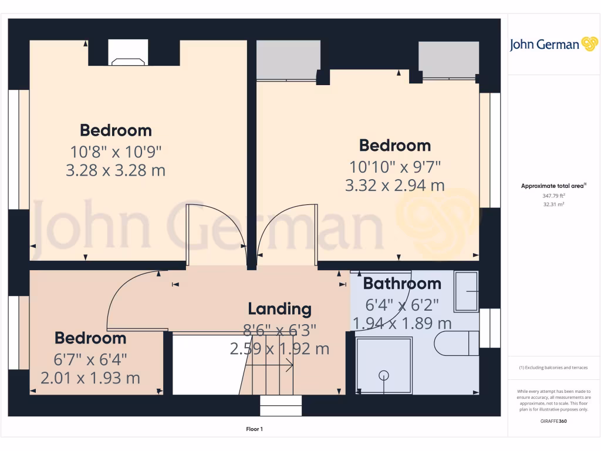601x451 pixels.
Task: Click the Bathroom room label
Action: point(402,284)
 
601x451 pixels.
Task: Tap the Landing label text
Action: point(279,309)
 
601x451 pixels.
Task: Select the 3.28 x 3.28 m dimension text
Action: point(116,170)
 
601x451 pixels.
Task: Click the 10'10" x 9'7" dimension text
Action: point(394,167)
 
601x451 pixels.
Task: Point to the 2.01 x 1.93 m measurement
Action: point(90,378)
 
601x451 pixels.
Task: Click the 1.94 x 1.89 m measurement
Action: point(402,323)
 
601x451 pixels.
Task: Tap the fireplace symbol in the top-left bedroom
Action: point(128,60)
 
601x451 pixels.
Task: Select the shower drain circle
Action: point(384,374)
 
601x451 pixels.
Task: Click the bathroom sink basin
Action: point(467,291)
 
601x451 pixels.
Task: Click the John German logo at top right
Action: point(553,44)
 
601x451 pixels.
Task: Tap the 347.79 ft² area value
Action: point(554,195)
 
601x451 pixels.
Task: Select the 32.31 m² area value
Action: point(554,204)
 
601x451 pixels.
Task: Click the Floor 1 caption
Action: point(254,429)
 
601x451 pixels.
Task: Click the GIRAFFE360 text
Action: point(554,421)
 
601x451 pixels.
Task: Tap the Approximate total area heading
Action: point(553,186)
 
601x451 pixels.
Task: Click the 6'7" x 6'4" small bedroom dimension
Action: point(90,358)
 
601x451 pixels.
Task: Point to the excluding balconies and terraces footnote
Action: point(553,368)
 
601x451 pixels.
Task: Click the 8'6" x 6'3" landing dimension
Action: point(279,330)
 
